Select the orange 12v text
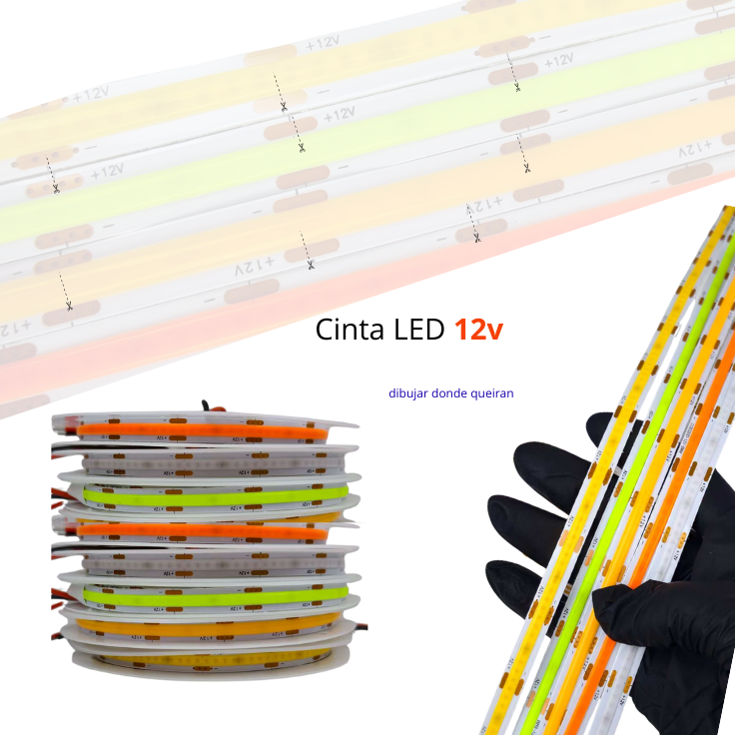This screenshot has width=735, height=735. [478, 331]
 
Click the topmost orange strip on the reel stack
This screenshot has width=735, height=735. [200, 429]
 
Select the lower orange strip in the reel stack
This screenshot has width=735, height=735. [200, 531]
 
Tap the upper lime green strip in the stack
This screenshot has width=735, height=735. [215, 494]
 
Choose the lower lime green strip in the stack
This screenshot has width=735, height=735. [215, 595]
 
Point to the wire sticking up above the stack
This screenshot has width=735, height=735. [207, 405]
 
